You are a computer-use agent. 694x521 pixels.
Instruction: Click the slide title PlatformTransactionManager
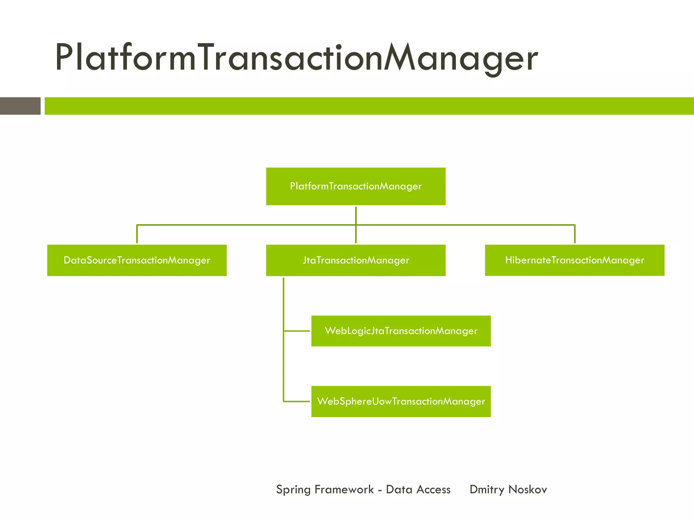point(296,58)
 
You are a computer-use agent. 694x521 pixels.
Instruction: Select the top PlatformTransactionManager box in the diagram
point(355,186)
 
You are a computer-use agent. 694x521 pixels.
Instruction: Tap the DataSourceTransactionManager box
point(137,260)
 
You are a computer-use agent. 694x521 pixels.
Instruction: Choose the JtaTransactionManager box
point(355,260)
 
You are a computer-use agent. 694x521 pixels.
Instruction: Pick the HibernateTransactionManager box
point(574,260)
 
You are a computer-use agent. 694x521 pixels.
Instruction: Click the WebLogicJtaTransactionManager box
point(401,331)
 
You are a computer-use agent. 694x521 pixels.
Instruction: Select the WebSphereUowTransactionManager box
point(401,401)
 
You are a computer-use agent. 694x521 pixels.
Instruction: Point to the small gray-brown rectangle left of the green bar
point(20,106)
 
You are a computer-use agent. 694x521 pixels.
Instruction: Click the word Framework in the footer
point(344,489)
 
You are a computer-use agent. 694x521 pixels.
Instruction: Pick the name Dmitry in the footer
point(487,490)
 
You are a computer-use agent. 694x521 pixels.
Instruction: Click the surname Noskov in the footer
point(528,489)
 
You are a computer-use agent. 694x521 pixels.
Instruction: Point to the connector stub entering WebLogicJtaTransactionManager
point(297,331)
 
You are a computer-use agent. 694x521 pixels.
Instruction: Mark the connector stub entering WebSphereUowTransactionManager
point(297,401)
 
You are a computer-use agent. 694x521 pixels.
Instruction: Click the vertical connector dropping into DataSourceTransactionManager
point(137,234)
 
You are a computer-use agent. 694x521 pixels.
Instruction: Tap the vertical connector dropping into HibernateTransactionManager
point(575,234)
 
